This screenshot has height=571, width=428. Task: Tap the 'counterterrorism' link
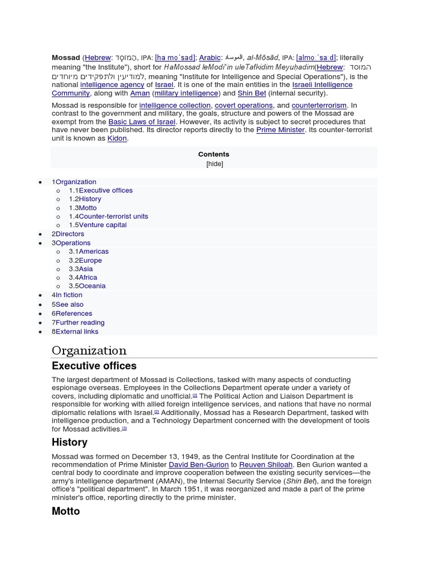pyautogui.click(x=319, y=105)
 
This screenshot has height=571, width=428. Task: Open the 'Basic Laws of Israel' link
pyautogui.click(x=142, y=122)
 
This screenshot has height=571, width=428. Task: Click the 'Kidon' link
pyautogui.click(x=117, y=138)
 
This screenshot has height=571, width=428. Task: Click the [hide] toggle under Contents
pyautogui.click(x=214, y=164)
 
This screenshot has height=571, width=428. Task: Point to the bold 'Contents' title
pyautogui.click(x=214, y=154)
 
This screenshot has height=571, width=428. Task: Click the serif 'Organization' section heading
pyautogui.click(x=89, y=350)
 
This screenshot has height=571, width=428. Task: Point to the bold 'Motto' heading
pyautogui.click(x=66, y=511)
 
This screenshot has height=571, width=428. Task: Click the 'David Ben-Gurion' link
pyautogui.click(x=198, y=464)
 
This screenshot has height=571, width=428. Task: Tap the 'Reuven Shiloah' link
pyautogui.click(x=266, y=464)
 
